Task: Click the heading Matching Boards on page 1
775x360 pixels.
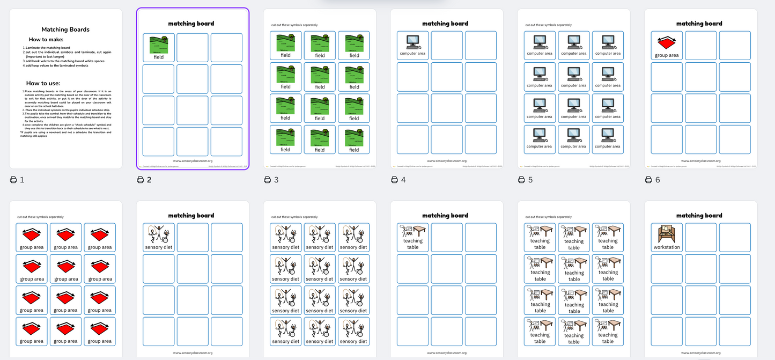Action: click(x=65, y=30)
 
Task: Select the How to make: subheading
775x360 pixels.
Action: click(x=46, y=40)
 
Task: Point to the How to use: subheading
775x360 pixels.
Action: click(x=43, y=83)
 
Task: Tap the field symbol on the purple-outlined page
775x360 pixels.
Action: click(x=159, y=47)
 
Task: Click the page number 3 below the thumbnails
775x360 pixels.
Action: click(x=276, y=180)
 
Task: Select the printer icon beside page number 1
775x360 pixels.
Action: click(x=13, y=180)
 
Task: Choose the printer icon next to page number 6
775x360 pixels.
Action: click(x=648, y=180)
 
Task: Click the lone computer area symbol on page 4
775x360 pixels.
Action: click(x=412, y=45)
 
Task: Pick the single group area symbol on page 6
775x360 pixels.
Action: click(x=667, y=46)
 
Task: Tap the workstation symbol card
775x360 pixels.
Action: click(x=667, y=238)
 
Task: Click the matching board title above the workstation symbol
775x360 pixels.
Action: click(x=699, y=216)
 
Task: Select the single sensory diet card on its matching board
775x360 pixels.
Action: click(x=159, y=238)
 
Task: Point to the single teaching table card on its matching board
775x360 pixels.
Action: click(x=412, y=238)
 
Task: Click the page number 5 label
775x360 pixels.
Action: click(x=530, y=180)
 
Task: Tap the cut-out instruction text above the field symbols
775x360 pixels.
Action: click(x=294, y=25)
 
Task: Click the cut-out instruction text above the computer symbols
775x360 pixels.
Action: click(x=548, y=25)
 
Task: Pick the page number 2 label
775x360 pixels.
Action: click(x=149, y=180)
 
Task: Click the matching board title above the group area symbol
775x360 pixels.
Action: click(x=699, y=24)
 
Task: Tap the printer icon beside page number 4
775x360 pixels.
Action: click(x=394, y=180)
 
